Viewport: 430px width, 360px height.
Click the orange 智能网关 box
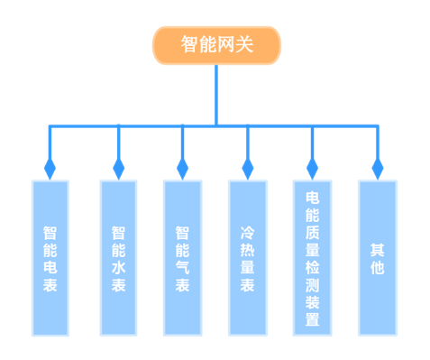pos(216,45)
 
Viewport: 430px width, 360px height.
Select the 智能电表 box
pos(50,257)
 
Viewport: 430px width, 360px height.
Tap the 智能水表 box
pos(118,257)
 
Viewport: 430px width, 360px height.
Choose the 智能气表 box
pos(182,257)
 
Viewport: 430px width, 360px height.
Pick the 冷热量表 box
pos(248,257)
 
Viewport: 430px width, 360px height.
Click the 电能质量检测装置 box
pos(312,257)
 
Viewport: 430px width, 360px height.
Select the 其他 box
pos(377,257)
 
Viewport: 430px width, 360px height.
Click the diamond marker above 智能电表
pos(50,168)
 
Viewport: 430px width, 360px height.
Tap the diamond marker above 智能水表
pos(118,168)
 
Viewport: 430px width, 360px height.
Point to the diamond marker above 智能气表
pos(182,168)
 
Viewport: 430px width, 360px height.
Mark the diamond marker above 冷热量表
pos(248,168)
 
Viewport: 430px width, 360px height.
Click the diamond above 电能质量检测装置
pos(312,168)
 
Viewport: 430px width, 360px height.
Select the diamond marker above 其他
pos(377,168)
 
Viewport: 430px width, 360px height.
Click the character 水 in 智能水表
pos(118,268)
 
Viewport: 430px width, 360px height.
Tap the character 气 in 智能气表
pos(182,268)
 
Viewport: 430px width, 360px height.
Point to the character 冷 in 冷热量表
pos(248,231)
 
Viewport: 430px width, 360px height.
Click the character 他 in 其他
pos(377,268)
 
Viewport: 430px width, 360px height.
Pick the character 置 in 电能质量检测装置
pos(312,319)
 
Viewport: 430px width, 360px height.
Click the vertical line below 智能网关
pos(216,95)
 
